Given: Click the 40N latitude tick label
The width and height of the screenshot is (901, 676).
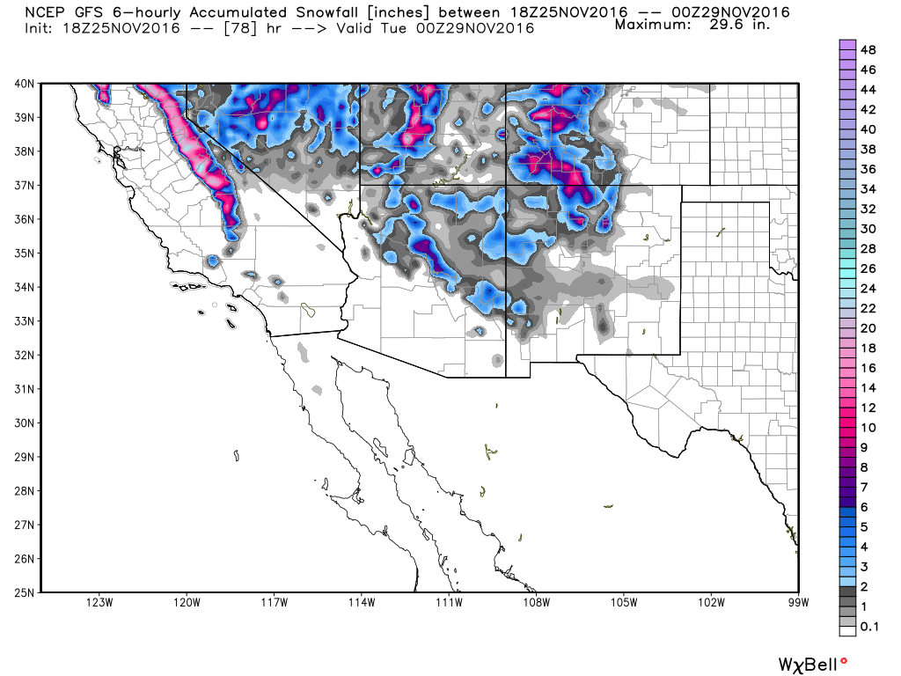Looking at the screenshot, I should tap(24, 84).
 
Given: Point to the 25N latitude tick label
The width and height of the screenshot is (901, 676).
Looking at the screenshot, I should tap(24, 592).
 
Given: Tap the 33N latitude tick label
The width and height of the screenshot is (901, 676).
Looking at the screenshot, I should tap(24, 321).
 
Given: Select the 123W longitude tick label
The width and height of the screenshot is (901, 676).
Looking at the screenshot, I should tap(99, 603).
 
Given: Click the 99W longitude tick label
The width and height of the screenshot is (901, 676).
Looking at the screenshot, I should tap(798, 603).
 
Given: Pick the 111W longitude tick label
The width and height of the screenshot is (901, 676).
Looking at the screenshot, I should tap(449, 603).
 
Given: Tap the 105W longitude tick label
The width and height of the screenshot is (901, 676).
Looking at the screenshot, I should tap(624, 603).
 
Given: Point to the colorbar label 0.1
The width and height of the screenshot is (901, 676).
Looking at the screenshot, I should tap(868, 626).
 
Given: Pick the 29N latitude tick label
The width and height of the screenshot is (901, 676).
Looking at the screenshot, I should tap(24, 457).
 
